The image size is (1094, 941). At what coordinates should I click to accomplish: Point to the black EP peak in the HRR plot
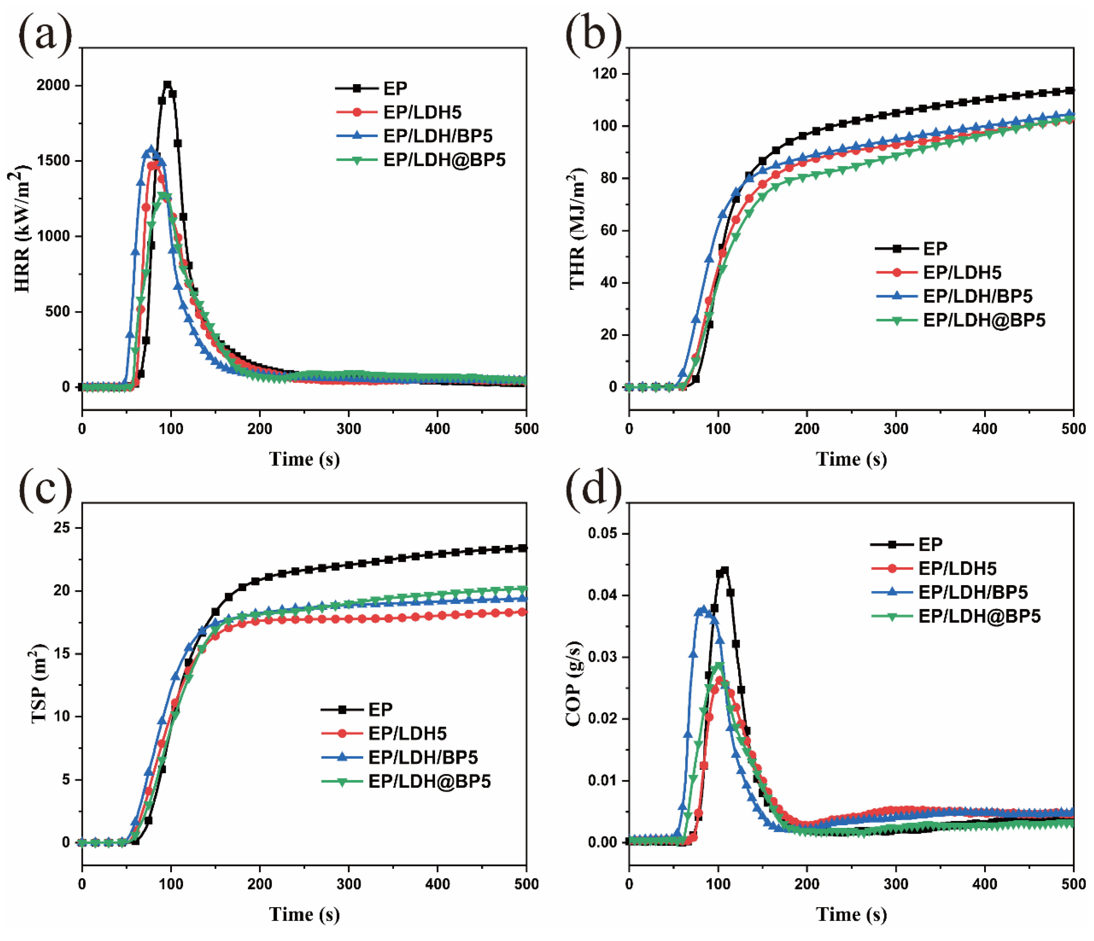tap(167, 84)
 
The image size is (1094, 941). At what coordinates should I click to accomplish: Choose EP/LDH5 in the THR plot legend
tap(962, 273)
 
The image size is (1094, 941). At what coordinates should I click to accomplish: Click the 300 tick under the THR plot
tap(896, 428)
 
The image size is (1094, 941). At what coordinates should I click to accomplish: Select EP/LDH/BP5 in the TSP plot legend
tap(423, 757)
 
